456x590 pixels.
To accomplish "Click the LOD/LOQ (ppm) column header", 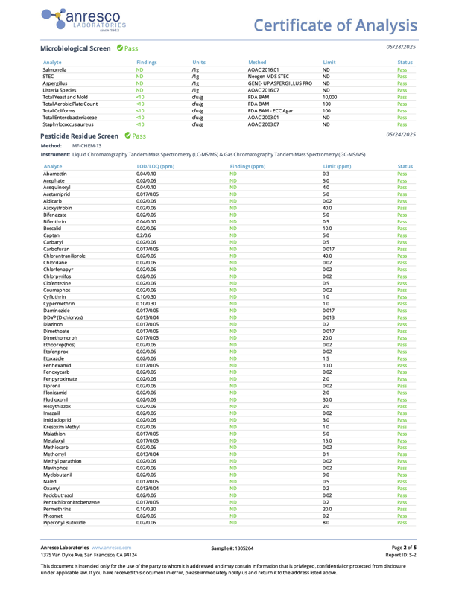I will pyautogui.click(x=155, y=166).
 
